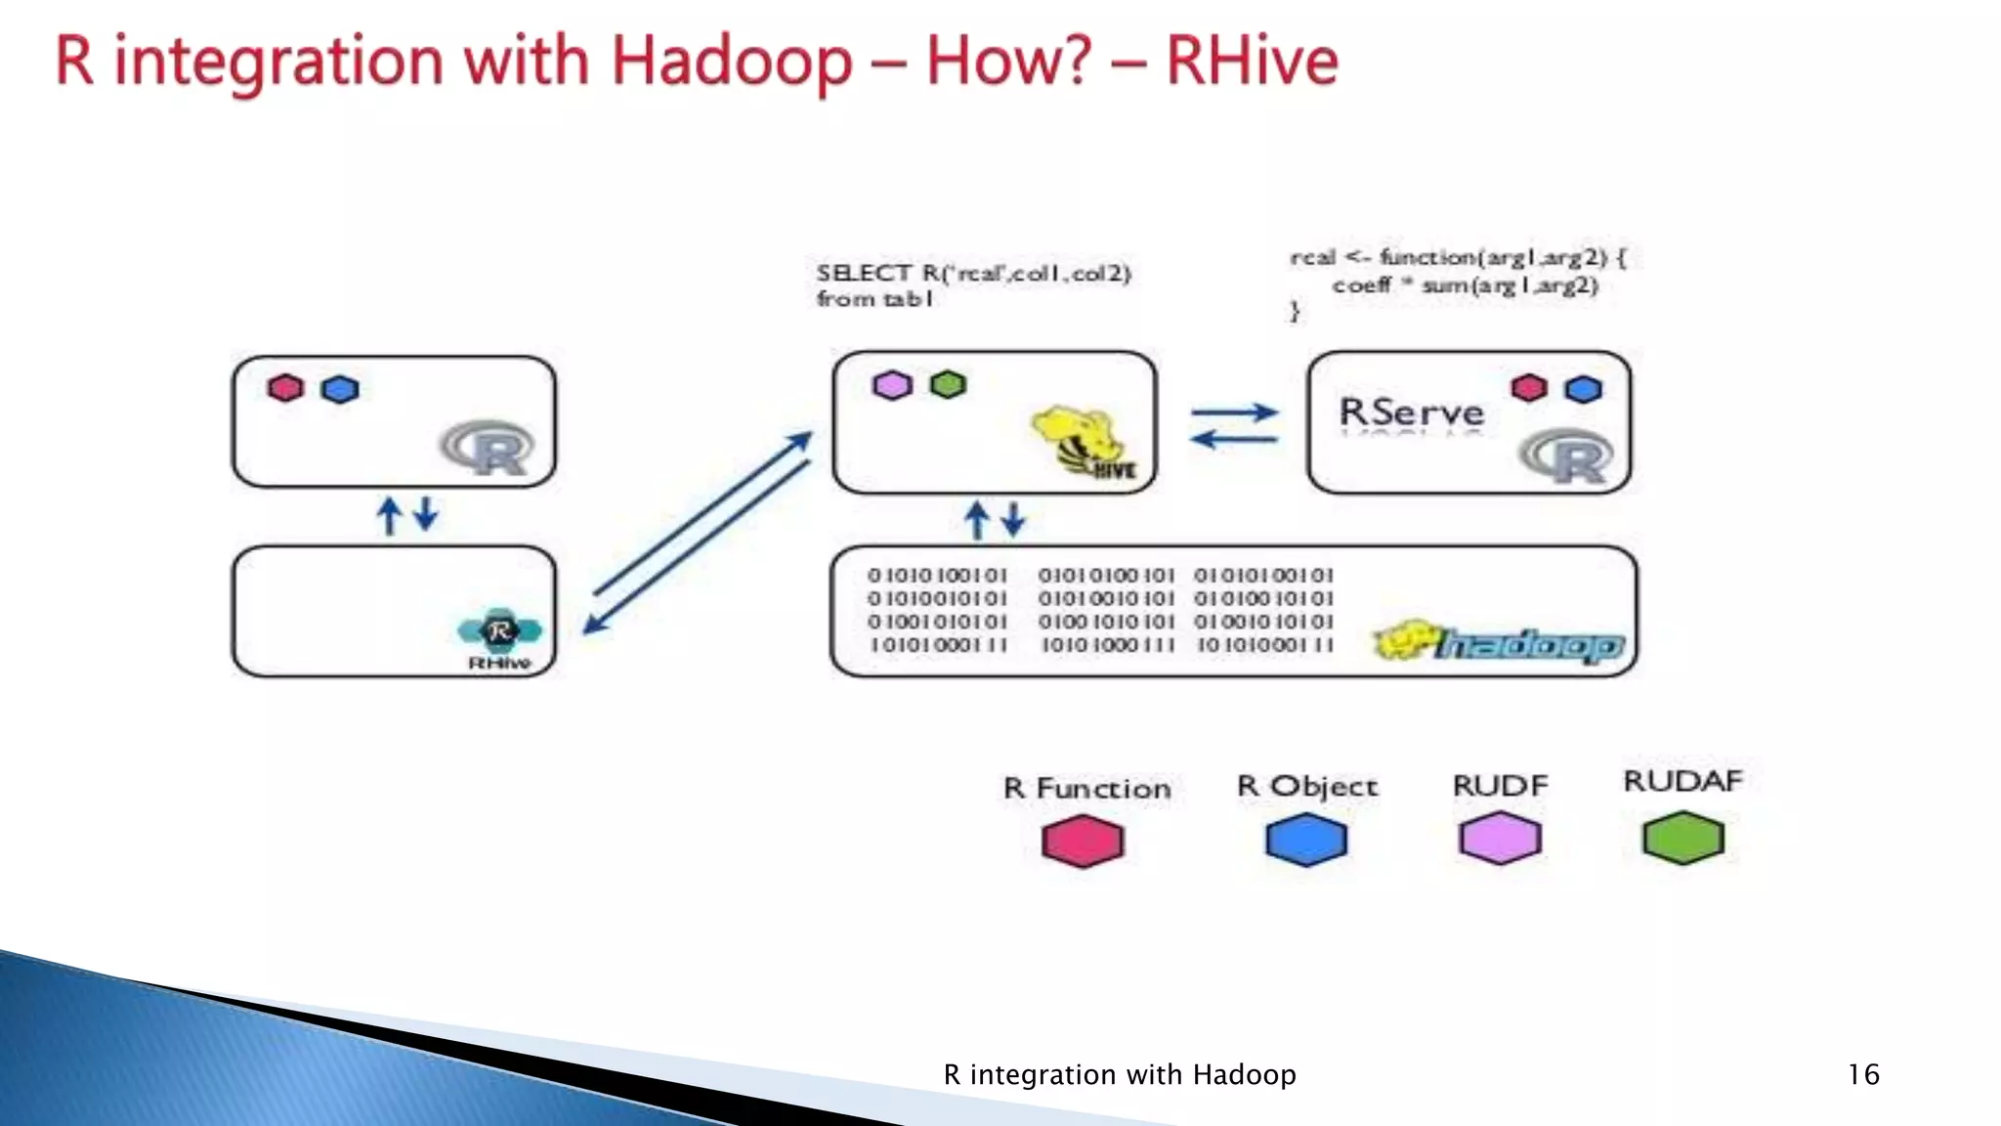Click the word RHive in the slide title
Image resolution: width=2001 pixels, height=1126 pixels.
1252,62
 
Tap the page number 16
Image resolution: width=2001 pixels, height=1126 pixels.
1862,1074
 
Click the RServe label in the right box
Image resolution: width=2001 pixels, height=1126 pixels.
1411,411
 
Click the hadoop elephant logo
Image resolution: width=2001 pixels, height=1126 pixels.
1500,643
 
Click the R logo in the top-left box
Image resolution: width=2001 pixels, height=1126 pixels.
488,449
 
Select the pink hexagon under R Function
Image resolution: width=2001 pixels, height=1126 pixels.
1083,841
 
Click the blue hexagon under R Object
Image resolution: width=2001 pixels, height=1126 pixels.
1306,840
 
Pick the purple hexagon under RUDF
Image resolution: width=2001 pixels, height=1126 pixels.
1500,839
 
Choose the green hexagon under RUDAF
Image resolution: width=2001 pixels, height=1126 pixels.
1682,838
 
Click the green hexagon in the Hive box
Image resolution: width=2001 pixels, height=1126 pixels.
948,384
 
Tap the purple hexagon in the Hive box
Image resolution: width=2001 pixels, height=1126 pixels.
891,385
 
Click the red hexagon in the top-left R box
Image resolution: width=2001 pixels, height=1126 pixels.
285,388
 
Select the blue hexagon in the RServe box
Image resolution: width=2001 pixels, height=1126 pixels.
1583,389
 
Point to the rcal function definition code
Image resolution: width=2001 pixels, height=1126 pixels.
1458,283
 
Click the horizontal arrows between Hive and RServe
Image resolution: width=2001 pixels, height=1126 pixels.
1233,426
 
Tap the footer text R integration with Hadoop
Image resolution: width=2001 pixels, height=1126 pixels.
1119,1074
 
